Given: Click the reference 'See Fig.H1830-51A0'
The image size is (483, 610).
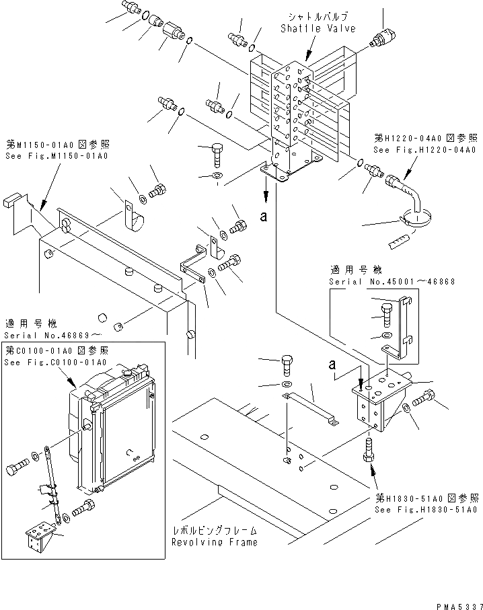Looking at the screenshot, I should (x=426, y=510).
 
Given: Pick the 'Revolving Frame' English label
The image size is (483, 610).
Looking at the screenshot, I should (x=214, y=542).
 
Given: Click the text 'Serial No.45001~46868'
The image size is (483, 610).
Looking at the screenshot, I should (x=382, y=280).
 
